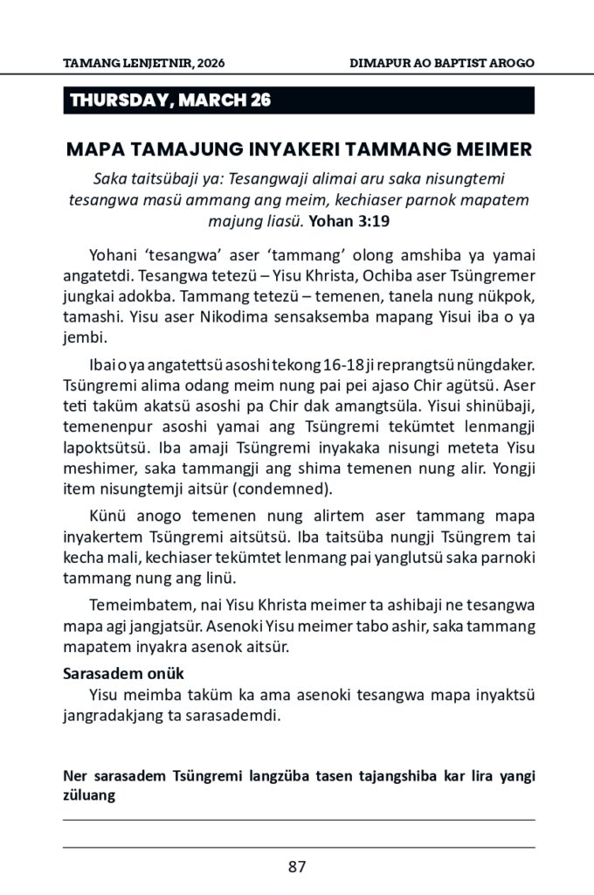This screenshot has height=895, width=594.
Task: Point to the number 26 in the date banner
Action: tap(259, 101)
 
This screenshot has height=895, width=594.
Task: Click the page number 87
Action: tap(297, 867)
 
